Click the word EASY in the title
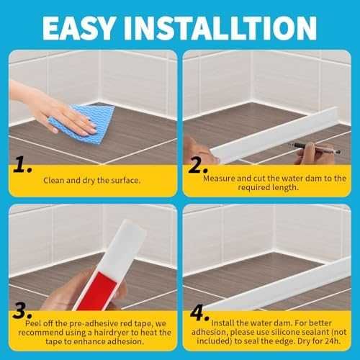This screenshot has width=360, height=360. tap(78, 28)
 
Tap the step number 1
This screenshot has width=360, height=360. tap(22, 164)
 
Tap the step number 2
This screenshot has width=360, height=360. tap(197, 164)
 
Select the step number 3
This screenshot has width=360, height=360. tap(22, 310)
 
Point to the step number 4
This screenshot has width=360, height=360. tap(199, 312)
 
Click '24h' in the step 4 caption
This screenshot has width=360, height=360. tap(333, 341)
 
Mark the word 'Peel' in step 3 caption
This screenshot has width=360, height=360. tap(34, 323)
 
